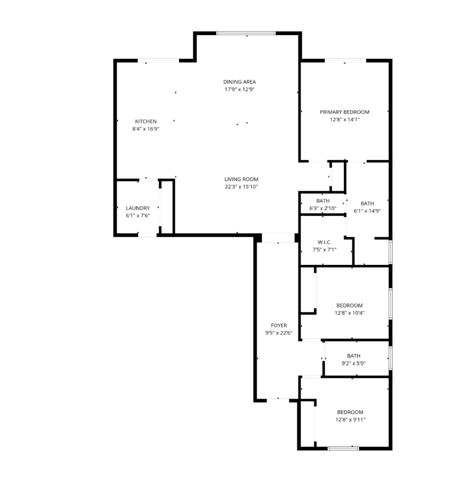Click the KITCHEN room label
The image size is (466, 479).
tap(146, 122)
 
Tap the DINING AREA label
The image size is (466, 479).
tap(239, 82)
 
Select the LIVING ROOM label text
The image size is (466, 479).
tap(241, 179)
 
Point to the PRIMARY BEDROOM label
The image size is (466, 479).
tap(344, 112)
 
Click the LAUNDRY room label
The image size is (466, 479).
tap(138, 208)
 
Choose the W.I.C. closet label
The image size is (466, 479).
tap(324, 242)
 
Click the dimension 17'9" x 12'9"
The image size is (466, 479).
tap(239, 89)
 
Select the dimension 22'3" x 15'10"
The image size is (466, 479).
tap(241, 187)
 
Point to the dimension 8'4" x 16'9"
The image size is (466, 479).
tap(146, 129)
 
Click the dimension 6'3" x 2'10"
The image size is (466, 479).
tap(323, 208)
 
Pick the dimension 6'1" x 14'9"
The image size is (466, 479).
tap(367, 211)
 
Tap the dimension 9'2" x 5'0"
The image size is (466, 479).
tap(353, 363)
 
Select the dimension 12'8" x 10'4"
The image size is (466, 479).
tap(349, 313)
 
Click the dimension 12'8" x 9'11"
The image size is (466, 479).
tap(349, 420)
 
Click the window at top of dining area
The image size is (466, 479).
tap(246, 33)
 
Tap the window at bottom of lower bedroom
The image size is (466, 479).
tap(343, 448)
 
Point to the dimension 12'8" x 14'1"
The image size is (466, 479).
tap(344, 120)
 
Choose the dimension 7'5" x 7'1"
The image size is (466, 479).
tap(324, 250)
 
